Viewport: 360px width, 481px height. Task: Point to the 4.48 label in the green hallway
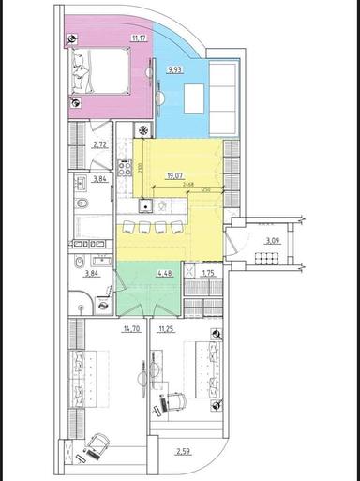coord(164,275)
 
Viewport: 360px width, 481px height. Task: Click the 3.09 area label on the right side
coord(272,241)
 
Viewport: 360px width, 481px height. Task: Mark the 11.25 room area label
coord(165,329)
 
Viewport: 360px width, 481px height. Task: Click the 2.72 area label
coord(99,144)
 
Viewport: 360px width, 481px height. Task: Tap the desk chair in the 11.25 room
coord(171,400)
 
